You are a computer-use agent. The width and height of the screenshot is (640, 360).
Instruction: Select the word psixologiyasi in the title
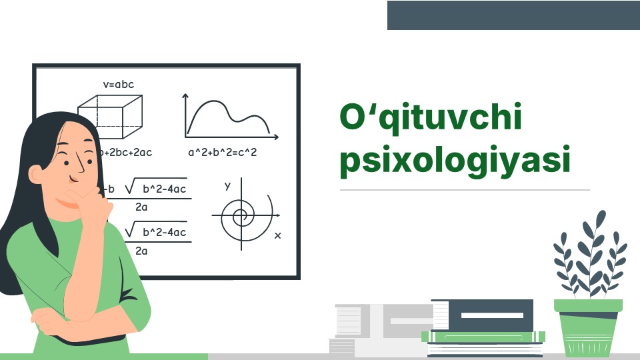[455, 161]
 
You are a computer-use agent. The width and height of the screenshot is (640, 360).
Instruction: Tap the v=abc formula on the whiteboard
[118, 85]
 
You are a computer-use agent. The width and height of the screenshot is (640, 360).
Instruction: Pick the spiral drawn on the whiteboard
[242, 215]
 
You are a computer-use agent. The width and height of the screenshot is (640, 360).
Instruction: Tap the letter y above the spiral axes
[227, 185]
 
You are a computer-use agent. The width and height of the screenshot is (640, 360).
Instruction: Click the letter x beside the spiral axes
[277, 235]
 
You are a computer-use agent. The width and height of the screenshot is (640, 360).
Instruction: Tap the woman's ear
[36, 173]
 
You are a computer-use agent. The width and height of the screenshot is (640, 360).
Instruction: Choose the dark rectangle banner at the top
[513, 15]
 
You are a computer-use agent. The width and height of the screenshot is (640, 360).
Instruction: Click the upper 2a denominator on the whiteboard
[141, 207]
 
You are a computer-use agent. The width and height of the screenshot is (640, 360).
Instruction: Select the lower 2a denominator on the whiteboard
[141, 251]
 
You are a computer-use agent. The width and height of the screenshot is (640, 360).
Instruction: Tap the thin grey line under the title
[465, 190]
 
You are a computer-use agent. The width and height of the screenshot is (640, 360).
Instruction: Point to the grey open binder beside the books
[380, 330]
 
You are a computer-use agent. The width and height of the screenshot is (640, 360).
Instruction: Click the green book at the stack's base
[484, 337]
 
